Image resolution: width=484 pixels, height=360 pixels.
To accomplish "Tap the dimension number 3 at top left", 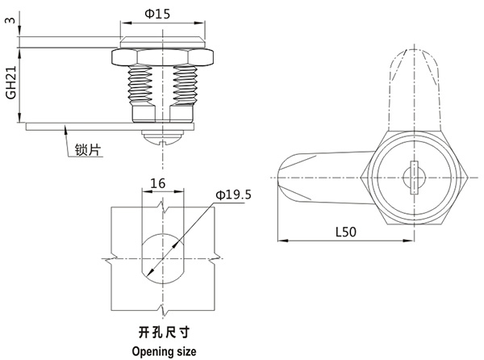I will click(8, 19).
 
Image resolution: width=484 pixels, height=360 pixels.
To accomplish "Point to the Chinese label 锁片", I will click(86, 150).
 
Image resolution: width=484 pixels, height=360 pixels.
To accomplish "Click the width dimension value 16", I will click(158, 184).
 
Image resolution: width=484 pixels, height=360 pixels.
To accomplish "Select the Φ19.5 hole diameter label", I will click(234, 195).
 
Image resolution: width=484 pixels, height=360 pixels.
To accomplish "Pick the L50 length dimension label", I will click(346, 231).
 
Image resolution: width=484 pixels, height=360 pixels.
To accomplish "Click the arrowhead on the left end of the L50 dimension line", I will click(282, 240).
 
